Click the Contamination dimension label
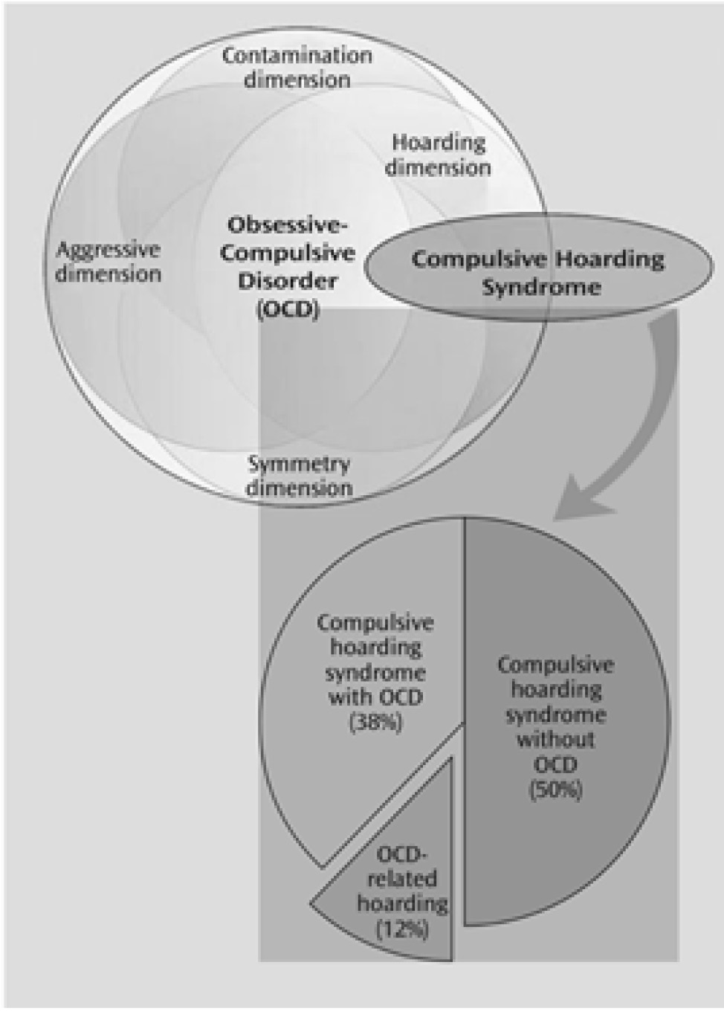pyautogui.click(x=297, y=67)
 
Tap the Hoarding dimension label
pyautogui.click(x=438, y=155)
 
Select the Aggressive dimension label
pyautogui.click(x=109, y=261)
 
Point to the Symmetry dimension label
pyautogui.click(x=299, y=476)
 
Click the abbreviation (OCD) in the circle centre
pyautogui.click(x=288, y=309)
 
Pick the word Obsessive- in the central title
pyautogui.click(x=288, y=225)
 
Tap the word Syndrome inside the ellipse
pyautogui.click(x=541, y=287)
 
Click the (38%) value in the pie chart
pyautogui.click(x=375, y=723)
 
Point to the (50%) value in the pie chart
pyautogui.click(x=555, y=790)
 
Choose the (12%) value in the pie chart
pyautogui.click(x=402, y=929)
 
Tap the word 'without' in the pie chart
pyautogui.click(x=555, y=740)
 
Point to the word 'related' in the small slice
pyautogui.click(x=402, y=879)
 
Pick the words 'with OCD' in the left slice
pyautogui.click(x=375, y=697)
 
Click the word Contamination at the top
pyautogui.click(x=297, y=55)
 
